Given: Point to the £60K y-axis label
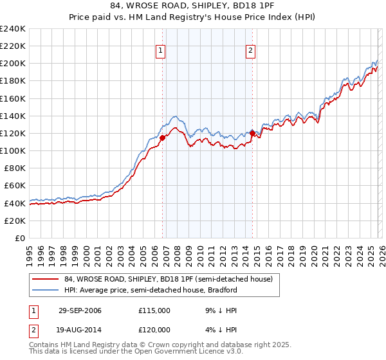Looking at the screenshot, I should click(15, 185).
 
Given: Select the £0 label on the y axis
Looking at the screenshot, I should click(21, 238).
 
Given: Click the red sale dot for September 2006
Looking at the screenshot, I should click(162, 137).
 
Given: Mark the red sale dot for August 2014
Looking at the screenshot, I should click(252, 133).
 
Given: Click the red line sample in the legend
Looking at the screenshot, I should click(46, 279).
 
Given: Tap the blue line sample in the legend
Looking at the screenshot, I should click(46, 290).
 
